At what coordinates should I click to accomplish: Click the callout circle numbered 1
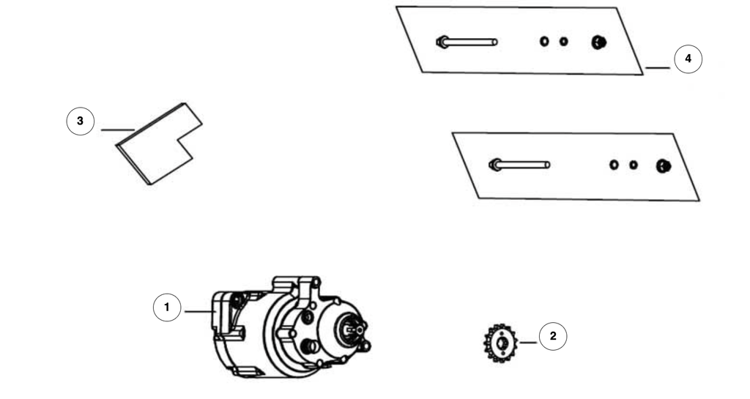tap(167, 307)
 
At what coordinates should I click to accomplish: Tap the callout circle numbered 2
tap(553, 336)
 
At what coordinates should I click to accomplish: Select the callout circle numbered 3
tap(81, 122)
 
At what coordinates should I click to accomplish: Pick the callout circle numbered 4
tap(688, 59)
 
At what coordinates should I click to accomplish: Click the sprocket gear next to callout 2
tap(501, 343)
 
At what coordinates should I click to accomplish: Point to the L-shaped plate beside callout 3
tap(159, 143)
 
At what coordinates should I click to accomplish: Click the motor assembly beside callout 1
tap(291, 327)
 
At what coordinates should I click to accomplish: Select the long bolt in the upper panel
tap(467, 42)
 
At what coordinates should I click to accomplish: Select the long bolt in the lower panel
tap(519, 165)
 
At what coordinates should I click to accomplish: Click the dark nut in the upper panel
tap(599, 42)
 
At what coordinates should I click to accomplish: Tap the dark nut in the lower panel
tap(664, 165)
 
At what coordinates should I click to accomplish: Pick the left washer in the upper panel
tap(544, 42)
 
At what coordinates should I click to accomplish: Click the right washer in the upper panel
tap(564, 42)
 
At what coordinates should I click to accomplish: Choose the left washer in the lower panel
tap(614, 165)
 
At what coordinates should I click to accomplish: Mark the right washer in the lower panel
tap(634, 165)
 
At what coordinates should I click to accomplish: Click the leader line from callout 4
tap(658, 68)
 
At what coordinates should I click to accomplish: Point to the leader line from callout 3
tap(118, 130)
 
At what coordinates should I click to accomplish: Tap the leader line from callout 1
tap(199, 312)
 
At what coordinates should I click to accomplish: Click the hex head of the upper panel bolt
tap(442, 42)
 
